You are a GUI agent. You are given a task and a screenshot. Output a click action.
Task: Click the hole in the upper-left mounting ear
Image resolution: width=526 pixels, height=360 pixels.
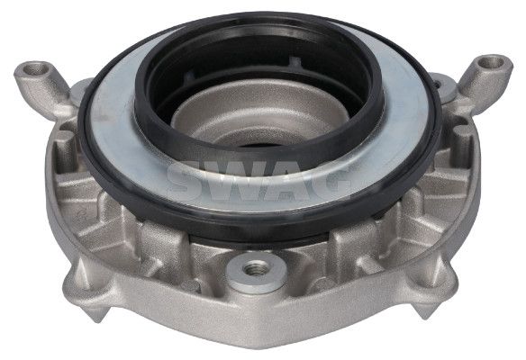(x=37, y=68)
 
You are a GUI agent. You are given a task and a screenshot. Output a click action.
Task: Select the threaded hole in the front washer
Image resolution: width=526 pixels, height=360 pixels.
(x=256, y=267)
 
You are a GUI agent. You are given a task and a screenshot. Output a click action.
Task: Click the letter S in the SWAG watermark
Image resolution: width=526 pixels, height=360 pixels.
(x=186, y=181)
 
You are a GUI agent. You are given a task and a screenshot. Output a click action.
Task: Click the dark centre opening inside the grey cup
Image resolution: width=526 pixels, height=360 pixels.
(x=258, y=146)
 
